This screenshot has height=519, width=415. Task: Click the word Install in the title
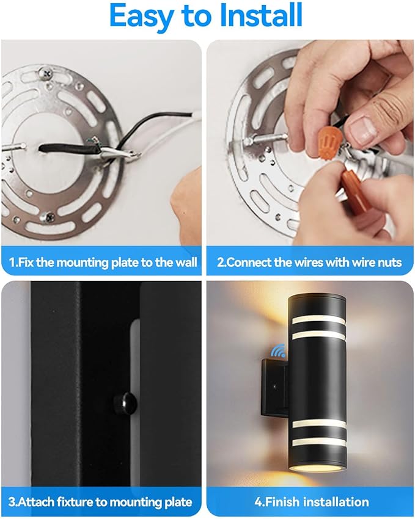coord(260,15)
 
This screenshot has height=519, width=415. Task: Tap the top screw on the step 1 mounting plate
coord(45,73)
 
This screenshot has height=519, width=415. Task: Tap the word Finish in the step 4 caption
coord(281,502)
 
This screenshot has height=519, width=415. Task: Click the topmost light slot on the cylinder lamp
coord(318,319)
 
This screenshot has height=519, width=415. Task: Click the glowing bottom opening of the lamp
coord(318,468)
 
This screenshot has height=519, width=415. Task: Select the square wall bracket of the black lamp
coord(274,387)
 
